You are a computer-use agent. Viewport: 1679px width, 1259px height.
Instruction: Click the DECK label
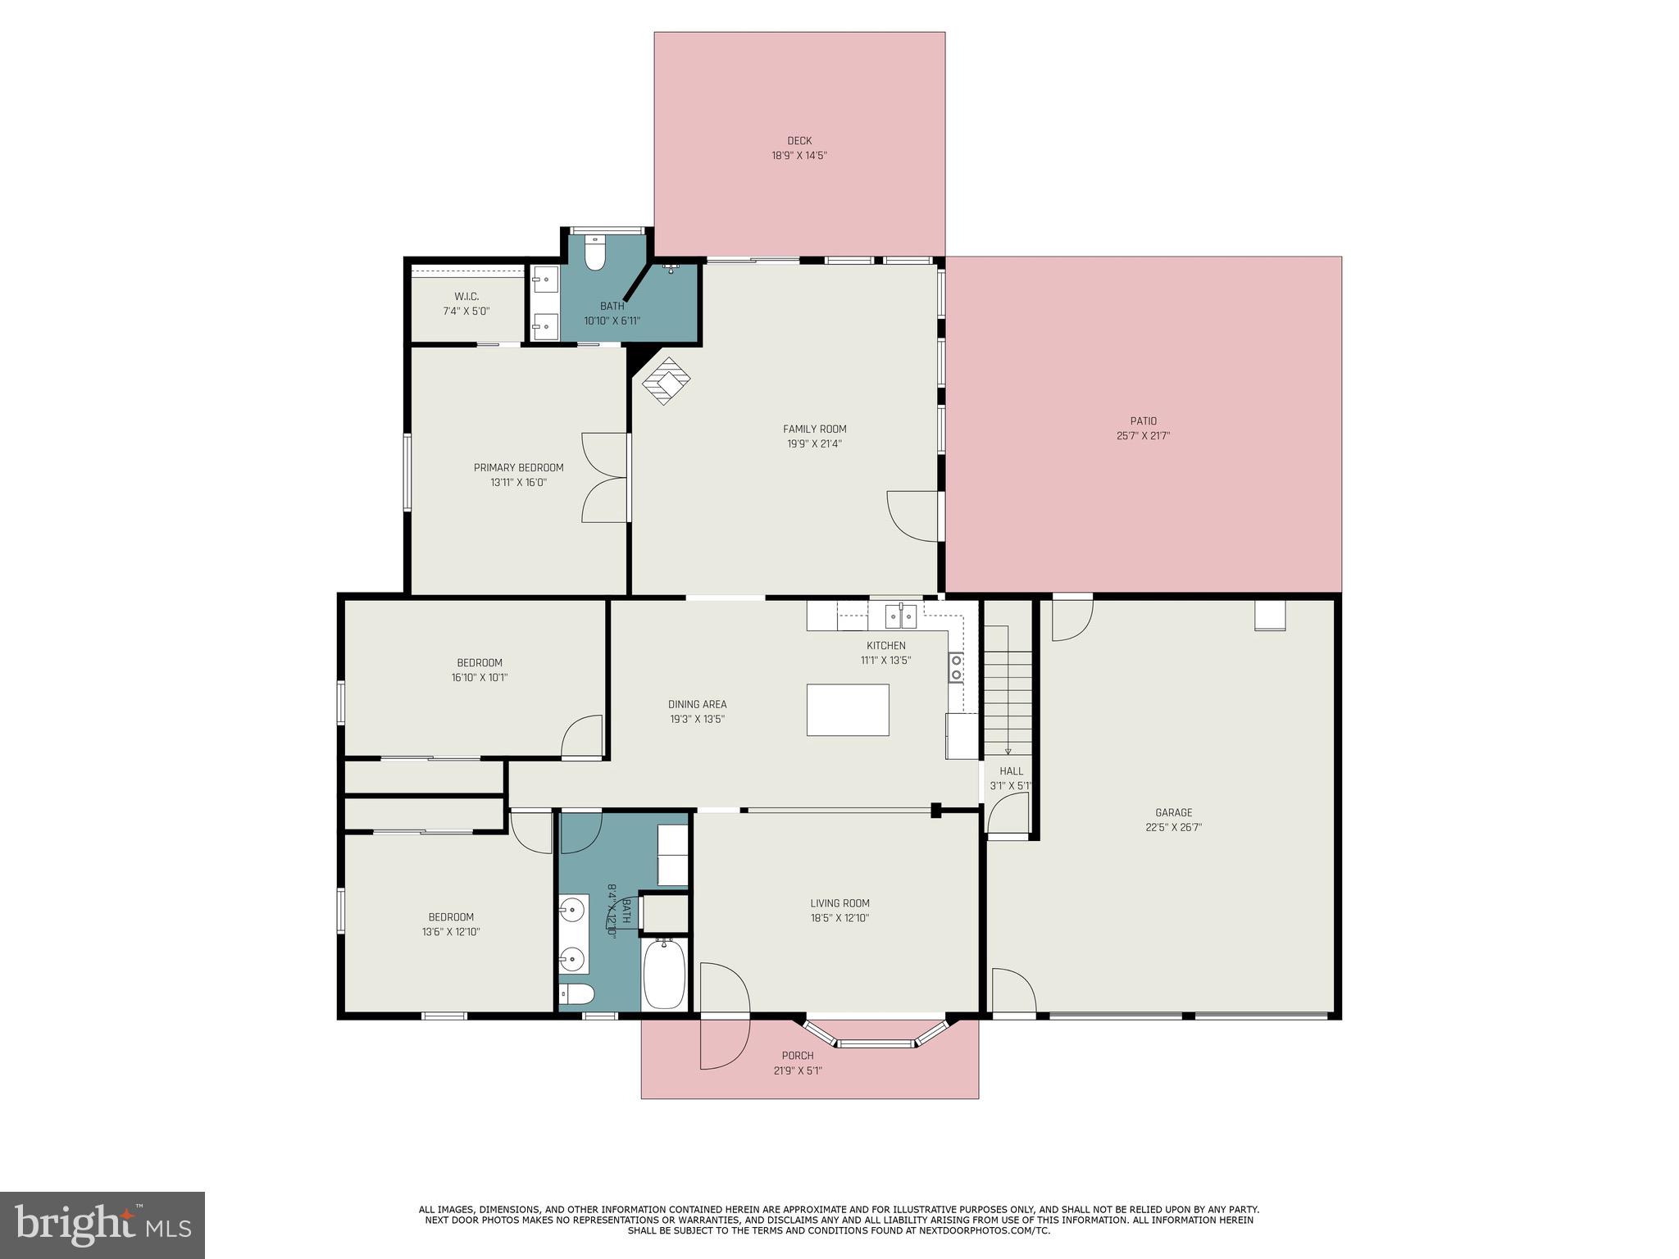coord(799,141)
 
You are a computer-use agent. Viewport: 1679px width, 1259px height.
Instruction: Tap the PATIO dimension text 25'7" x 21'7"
coord(1143,436)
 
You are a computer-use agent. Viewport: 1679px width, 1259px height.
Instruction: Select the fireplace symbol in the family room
coord(666,381)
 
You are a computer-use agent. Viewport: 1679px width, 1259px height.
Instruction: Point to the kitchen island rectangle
coord(848,710)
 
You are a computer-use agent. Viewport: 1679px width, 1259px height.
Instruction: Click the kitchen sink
coord(900,615)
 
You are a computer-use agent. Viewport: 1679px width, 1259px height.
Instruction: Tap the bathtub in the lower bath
coord(664,975)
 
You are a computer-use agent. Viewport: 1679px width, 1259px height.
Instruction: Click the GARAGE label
coord(1174,812)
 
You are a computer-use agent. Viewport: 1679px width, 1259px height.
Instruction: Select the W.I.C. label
coord(466,296)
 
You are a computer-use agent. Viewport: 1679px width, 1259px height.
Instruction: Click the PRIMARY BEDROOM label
coord(518,467)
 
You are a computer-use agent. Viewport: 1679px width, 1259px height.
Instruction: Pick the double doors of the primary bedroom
coord(605,478)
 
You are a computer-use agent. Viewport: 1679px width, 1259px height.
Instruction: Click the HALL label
coord(1011,770)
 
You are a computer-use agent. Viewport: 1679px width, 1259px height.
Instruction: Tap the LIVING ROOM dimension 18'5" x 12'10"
coord(839,918)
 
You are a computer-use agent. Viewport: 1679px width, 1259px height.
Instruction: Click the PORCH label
coord(797,1056)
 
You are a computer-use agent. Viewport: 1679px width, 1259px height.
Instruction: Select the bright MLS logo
coord(102,1225)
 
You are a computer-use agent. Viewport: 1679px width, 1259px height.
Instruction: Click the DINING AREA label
coord(697,704)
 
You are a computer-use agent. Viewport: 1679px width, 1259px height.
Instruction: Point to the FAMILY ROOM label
coord(814,429)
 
